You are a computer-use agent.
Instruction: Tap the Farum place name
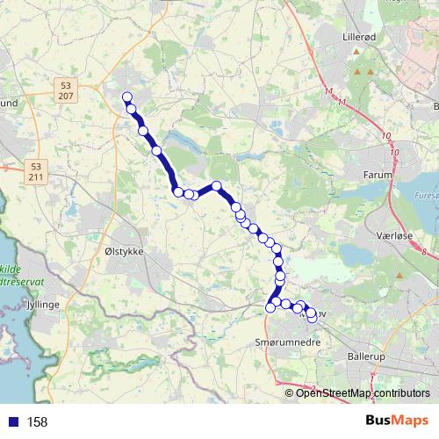coord(377,175)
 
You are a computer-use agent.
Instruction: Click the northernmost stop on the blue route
coord(126,97)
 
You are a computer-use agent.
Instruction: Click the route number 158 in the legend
coord(38,421)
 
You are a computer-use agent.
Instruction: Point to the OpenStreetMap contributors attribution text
coord(362,392)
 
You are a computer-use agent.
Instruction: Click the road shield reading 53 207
coord(66,89)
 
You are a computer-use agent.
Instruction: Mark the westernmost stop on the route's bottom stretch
coord(270,307)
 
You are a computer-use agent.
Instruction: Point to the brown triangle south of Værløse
coord(399,277)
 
